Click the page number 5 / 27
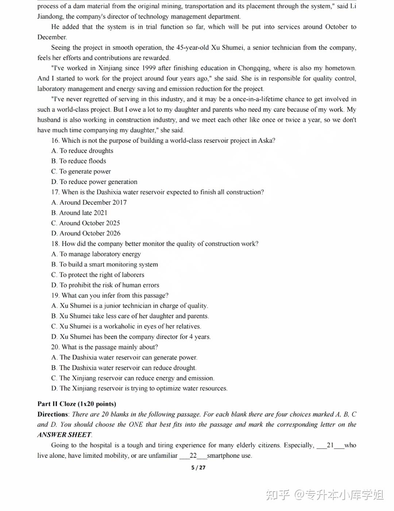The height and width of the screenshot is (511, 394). pos(198,468)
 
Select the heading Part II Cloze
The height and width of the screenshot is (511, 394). pos(77,404)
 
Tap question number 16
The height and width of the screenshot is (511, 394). pos(55,141)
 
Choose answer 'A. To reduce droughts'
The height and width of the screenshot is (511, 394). pos(82,151)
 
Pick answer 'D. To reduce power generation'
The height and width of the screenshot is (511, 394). pos(94,182)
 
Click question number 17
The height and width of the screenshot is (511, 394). pos(55,192)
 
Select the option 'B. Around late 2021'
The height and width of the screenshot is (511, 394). pos(79,213)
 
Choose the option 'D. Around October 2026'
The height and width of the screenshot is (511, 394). pos(86,234)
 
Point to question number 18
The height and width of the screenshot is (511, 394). pos(55,244)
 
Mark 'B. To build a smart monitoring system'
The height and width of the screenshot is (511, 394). pos(104,265)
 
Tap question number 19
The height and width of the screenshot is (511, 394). pos(55,296)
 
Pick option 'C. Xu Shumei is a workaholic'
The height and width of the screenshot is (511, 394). pos(126,327)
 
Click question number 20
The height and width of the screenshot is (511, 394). pos(55,347)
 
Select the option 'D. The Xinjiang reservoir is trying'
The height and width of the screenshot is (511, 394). pos(139,389)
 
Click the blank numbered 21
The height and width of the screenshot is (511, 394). pos(330,445)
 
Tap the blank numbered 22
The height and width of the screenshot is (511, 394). pos(193,456)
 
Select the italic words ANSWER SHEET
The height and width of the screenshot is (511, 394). pos(64,435)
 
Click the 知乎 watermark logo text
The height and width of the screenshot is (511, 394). pos(278,495)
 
